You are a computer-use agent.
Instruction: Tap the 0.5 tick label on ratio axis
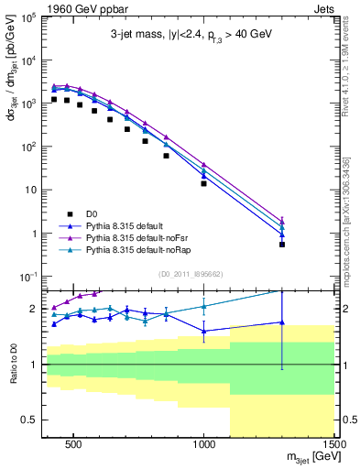pyautogui.click(x=27, y=420)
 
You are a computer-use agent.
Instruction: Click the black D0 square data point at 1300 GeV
pyautogui.click(x=282, y=245)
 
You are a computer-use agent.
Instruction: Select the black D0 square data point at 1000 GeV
pyautogui.click(x=203, y=183)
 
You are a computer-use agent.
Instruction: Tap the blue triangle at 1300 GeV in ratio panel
pyautogui.click(x=282, y=322)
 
